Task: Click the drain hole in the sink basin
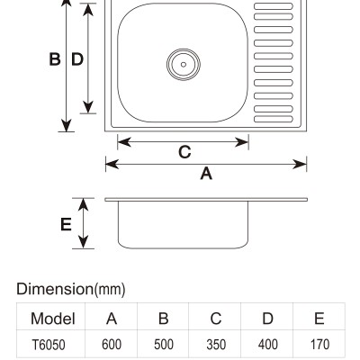[x=184, y=65]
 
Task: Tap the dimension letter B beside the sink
[x=55, y=59]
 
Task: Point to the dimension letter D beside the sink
[x=77, y=59]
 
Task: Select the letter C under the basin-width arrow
[x=184, y=152]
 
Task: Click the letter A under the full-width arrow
[x=206, y=174]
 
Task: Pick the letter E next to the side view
[x=66, y=224]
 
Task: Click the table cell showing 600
[x=112, y=345]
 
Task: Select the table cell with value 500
[x=164, y=345]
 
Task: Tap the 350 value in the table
[x=216, y=345]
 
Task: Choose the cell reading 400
[x=267, y=345]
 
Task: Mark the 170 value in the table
[x=319, y=345]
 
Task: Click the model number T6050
[x=49, y=345]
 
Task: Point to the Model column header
[x=53, y=319]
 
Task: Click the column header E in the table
[x=319, y=319]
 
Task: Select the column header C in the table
[x=216, y=319]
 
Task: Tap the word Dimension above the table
[x=55, y=289]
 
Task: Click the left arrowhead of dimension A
[x=112, y=164]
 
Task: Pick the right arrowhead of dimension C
[x=242, y=142]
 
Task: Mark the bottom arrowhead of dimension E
[x=83, y=242]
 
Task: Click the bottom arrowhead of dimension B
[x=66, y=125]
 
